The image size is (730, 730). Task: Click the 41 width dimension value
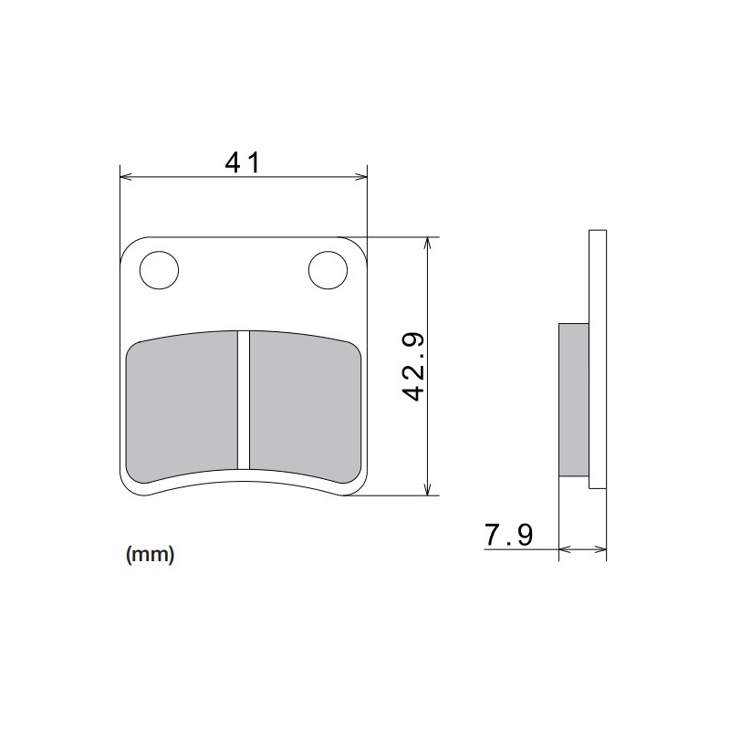(243, 162)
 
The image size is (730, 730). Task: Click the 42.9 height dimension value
(415, 366)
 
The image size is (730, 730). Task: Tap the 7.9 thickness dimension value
(509, 535)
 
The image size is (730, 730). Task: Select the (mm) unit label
(148, 554)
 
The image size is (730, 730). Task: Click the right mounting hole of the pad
(328, 269)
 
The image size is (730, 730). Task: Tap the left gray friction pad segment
(182, 406)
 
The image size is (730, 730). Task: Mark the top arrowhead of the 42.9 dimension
(427, 244)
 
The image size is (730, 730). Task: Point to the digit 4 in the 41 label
(234, 162)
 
